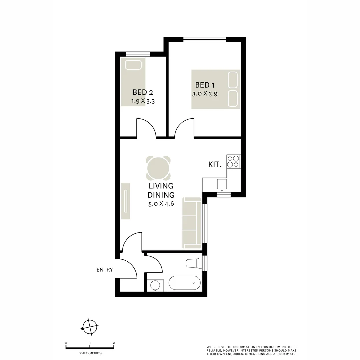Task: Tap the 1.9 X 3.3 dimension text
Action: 143,101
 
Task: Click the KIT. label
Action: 215,164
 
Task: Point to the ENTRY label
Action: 105,270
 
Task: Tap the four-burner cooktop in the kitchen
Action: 233,161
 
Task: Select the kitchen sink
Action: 222,184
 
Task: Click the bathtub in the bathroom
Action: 185,283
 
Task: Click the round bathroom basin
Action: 155,285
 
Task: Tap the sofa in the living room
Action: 192,223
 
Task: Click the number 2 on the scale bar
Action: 114,343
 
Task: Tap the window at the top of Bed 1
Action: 205,40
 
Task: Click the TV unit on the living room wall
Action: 126,201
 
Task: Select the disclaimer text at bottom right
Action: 251,350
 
